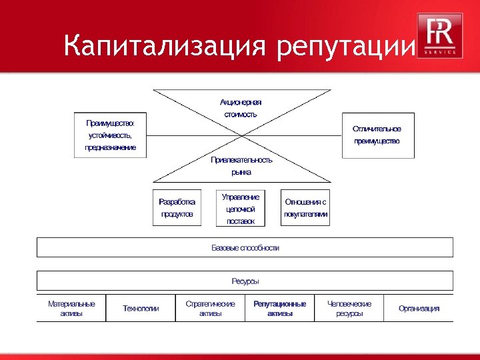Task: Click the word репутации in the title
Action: [x=343, y=47]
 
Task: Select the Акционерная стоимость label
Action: [x=241, y=108]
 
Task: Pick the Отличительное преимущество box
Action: [x=377, y=135]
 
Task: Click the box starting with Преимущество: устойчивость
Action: [x=110, y=135]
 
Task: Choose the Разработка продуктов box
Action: [x=177, y=207]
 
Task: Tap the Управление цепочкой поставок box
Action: [x=241, y=208]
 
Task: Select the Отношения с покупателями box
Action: [x=305, y=207]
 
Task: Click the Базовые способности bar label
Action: [x=245, y=247]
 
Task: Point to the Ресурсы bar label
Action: [x=245, y=281]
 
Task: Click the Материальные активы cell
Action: [x=71, y=308]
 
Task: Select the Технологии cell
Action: [x=141, y=308]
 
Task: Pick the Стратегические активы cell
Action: [x=210, y=308]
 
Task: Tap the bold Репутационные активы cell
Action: [x=279, y=308]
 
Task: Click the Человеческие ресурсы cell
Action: [x=349, y=308]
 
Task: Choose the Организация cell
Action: [x=419, y=308]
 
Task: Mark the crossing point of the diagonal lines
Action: [x=241, y=136]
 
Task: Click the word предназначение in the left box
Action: [x=110, y=147]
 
